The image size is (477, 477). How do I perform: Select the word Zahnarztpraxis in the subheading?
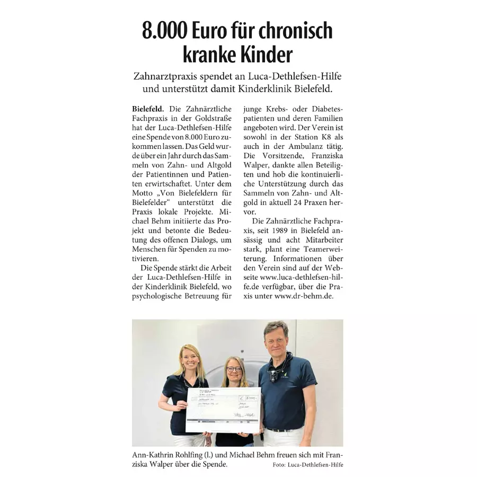tap(167, 76)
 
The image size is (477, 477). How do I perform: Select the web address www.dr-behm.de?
tap(304, 297)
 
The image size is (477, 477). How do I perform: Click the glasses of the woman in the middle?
tap(233, 369)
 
